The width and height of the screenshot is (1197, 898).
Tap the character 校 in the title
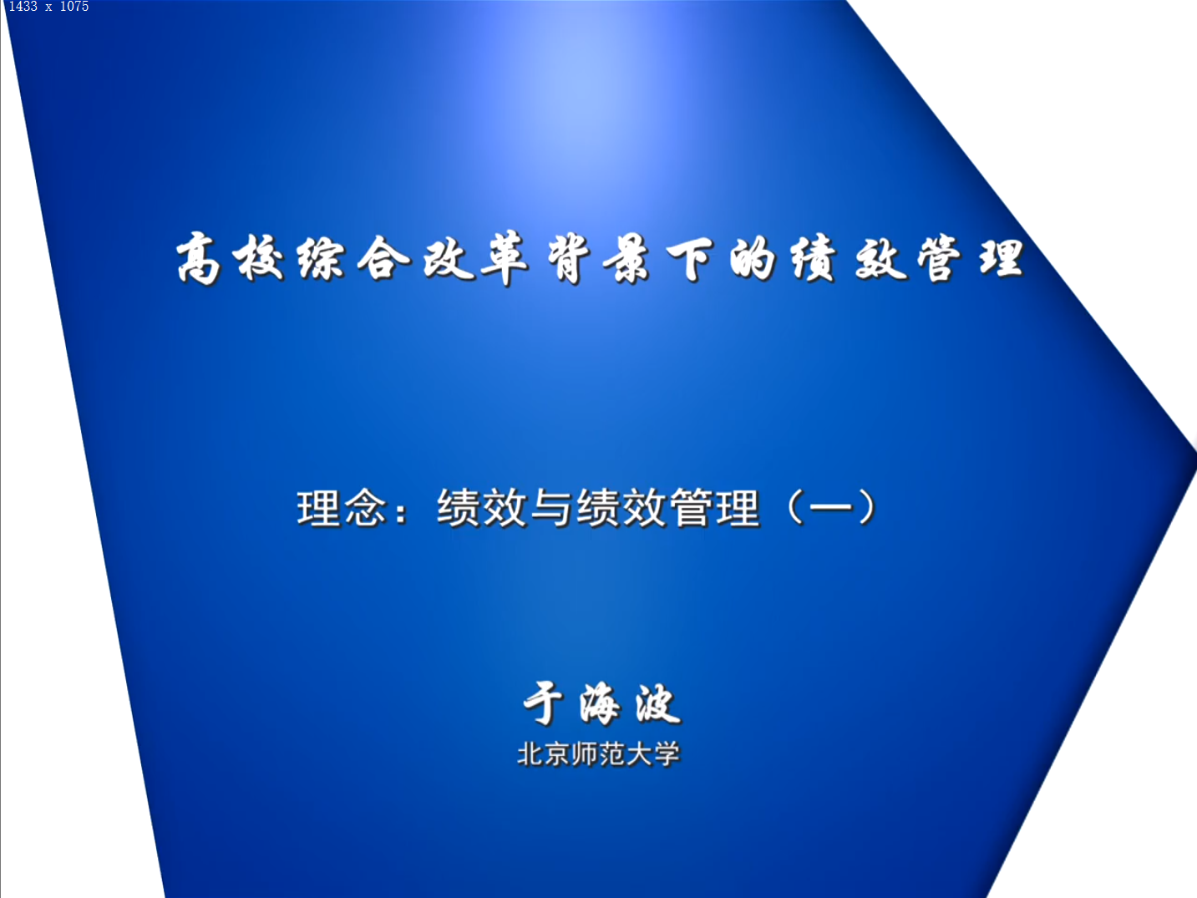(259, 259)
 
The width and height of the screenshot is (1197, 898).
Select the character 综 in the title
(322, 260)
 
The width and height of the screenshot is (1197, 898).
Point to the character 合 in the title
(383, 258)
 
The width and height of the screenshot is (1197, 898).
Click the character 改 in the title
(449, 258)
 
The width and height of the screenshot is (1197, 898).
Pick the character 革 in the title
(505, 258)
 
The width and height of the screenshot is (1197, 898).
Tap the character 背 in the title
(569, 259)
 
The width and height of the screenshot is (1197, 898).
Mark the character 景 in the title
(626, 260)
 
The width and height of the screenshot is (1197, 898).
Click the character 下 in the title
(689, 260)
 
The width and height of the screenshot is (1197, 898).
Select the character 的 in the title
(753, 259)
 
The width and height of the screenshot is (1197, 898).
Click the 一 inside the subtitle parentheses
(830, 508)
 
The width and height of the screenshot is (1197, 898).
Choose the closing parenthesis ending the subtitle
(867, 507)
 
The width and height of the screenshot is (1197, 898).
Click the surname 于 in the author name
(543, 703)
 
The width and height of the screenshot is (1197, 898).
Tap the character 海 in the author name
(599, 704)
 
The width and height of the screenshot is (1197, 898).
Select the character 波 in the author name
(657, 703)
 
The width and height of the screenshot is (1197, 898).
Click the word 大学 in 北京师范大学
(653, 754)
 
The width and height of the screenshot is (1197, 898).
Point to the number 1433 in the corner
(23, 7)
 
